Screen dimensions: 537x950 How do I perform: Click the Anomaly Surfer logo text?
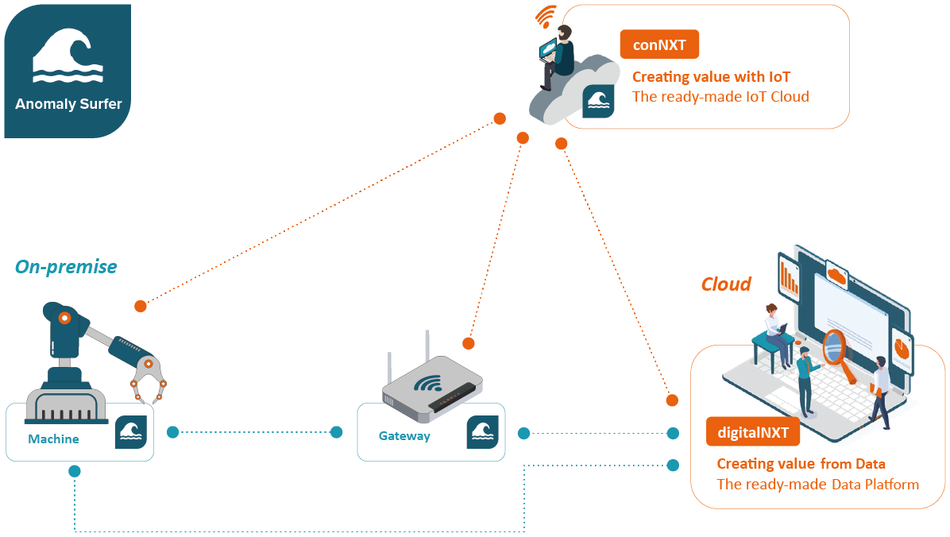pos(68,104)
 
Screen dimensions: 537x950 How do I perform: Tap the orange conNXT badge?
pos(659,44)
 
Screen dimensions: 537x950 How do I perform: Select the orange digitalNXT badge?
pos(752,433)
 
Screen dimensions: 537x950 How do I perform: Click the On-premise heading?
pos(66,267)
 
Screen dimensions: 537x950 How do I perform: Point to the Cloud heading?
pos(726,284)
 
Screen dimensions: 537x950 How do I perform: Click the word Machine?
pos(53,438)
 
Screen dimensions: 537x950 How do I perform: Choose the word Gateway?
pos(404,435)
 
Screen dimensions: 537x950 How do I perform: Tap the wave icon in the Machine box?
pos(131,431)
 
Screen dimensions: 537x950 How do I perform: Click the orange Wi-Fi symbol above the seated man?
pos(546,16)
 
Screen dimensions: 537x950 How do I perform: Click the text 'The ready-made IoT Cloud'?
pos(720,97)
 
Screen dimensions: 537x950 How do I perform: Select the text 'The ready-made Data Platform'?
pos(817,484)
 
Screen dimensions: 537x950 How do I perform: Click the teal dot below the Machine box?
pos(75,471)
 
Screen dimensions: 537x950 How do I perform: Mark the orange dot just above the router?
pos(469,343)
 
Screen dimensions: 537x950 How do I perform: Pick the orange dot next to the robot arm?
pos(141,306)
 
